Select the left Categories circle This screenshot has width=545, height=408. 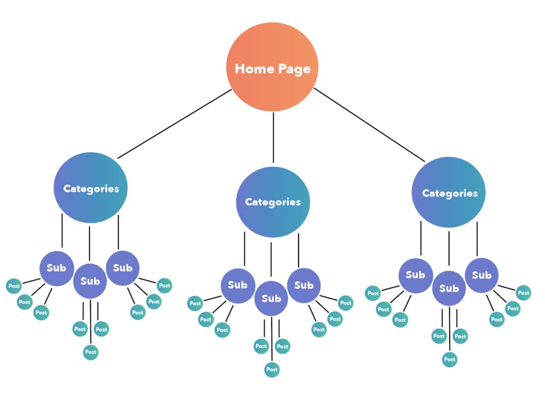click(x=90, y=188)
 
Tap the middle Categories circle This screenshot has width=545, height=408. click(x=272, y=202)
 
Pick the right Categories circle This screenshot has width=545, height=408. click(x=449, y=193)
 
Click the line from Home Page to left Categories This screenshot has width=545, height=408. click(x=174, y=124)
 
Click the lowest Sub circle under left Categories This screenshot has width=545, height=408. click(x=90, y=281)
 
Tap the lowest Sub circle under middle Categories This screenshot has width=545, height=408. click(x=271, y=299)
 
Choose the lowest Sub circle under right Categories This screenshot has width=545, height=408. click(x=449, y=288)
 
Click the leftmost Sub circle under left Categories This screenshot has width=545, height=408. click(x=57, y=267)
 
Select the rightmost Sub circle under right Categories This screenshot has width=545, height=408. click(x=482, y=275)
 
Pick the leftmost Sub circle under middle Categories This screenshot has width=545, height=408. click(x=238, y=285)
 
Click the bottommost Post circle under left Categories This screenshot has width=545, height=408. click(x=91, y=352)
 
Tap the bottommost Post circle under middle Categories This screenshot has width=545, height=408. click(x=272, y=369)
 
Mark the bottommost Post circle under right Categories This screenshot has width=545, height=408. click(x=450, y=360)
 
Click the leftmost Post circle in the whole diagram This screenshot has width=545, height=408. click(x=14, y=286)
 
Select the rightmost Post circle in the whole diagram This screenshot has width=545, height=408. click(x=524, y=293)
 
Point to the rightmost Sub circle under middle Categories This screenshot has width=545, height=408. click(x=304, y=285)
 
